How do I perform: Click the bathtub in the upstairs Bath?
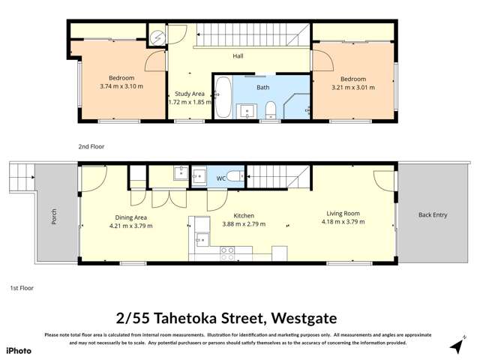pyautogui.click(x=223, y=97)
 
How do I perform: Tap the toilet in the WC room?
pyautogui.click(x=234, y=176)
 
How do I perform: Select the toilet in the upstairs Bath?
pyautogui.click(x=271, y=111)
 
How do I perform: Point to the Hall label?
pyautogui.click(x=238, y=55)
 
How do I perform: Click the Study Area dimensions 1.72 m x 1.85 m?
pyautogui.click(x=187, y=102)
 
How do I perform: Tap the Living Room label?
pyautogui.click(x=342, y=213)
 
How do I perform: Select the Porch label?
pyautogui.click(x=54, y=216)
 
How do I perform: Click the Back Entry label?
pyautogui.click(x=433, y=215)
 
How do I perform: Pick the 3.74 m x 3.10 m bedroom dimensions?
pyautogui.click(x=121, y=87)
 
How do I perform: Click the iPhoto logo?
pyautogui.click(x=18, y=350)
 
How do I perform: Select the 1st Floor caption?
pyautogui.click(x=22, y=287)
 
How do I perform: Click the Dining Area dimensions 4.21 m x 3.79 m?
pyautogui.click(x=131, y=225)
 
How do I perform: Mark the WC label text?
pyautogui.click(x=221, y=178)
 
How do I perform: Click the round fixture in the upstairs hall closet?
pyautogui.click(x=157, y=35)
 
